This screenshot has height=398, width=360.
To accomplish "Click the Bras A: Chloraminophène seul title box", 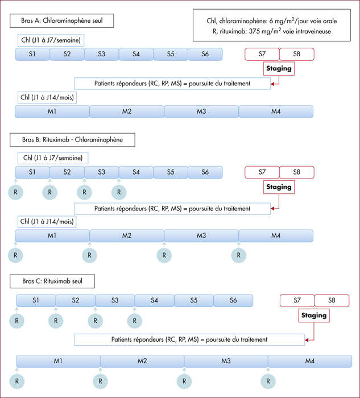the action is click(x=61, y=21).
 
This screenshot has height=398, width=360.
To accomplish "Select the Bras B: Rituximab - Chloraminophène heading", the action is click(x=72, y=140).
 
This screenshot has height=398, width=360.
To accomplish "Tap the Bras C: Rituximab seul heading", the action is click(x=52, y=281).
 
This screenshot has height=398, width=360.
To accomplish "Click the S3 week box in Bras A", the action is click(x=102, y=54).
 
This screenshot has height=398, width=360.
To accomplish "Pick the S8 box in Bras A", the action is click(x=297, y=54).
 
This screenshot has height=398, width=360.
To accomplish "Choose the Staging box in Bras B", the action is click(x=279, y=187).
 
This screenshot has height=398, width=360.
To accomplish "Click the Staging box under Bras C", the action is click(x=314, y=316).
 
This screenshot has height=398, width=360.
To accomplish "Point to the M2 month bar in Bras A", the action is click(x=127, y=111).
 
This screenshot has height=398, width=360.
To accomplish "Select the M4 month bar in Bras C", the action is click(x=310, y=361).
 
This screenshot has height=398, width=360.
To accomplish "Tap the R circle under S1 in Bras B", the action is click(x=16, y=192).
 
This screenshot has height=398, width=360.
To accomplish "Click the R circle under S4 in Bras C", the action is click(x=135, y=321).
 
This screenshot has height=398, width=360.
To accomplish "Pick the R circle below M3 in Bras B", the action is click(x=164, y=255).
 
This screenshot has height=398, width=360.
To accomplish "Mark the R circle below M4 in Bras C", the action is click(x=268, y=382).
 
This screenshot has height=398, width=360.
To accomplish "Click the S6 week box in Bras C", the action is click(x=233, y=301).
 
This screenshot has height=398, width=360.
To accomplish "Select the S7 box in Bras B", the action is click(x=262, y=172).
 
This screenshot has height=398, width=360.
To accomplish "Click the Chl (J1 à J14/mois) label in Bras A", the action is click(x=47, y=97).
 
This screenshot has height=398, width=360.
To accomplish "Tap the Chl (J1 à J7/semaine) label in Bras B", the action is click(x=53, y=158).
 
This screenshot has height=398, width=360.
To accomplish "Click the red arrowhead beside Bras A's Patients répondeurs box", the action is click(x=272, y=84).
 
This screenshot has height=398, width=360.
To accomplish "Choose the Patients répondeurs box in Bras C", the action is click(x=189, y=339).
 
